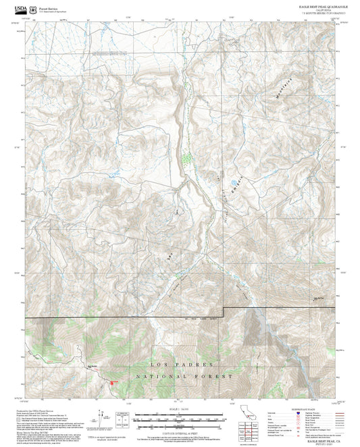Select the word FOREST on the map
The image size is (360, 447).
221,376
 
